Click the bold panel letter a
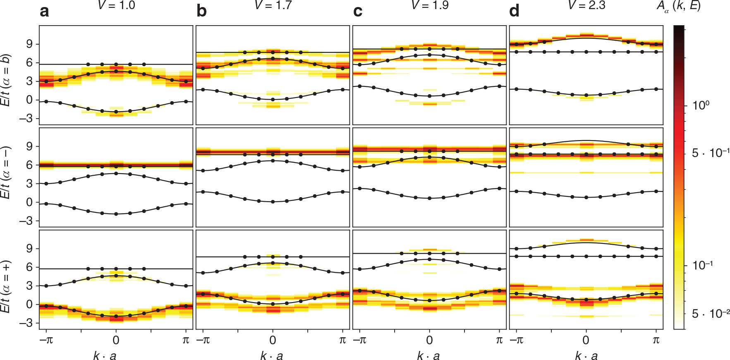(x=44, y=12)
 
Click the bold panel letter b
(x=201, y=12)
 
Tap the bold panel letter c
(x=358, y=12)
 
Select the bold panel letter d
(x=514, y=12)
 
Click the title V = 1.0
(x=116, y=5)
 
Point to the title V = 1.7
(x=273, y=5)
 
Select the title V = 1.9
(x=430, y=5)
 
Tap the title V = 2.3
(x=586, y=5)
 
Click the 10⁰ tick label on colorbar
(x=701, y=105)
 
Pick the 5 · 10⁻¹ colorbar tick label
(x=710, y=153)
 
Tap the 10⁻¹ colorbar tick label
(x=702, y=265)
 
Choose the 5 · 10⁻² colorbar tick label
(x=710, y=314)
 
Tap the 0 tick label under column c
(x=429, y=340)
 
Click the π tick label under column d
(x=656, y=340)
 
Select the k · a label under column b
(x=272, y=356)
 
